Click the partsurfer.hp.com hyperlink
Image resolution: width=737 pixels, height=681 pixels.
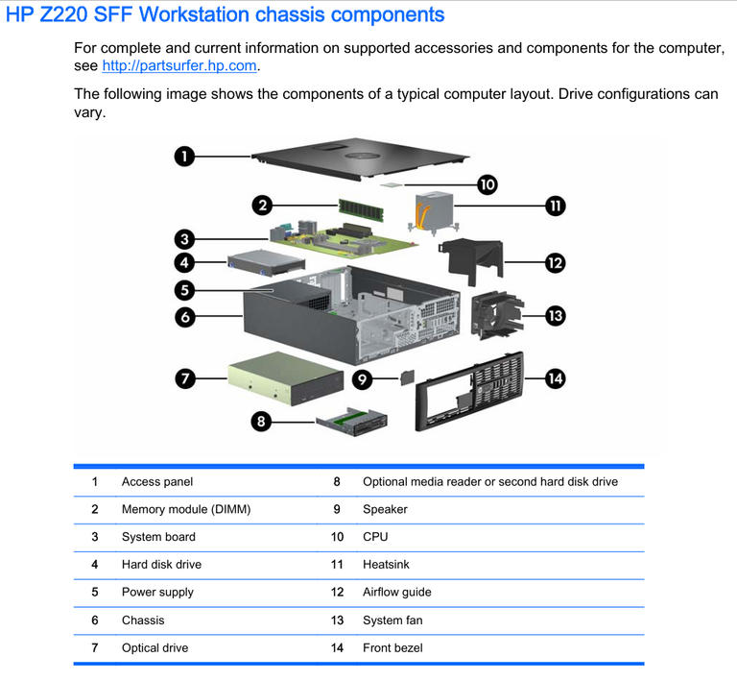click(x=179, y=65)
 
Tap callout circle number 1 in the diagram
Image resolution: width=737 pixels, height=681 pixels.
click(x=184, y=157)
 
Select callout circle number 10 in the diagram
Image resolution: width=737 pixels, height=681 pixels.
click(x=487, y=184)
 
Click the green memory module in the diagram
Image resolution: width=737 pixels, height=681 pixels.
click(x=361, y=209)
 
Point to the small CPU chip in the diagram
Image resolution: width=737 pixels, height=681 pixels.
click(x=392, y=185)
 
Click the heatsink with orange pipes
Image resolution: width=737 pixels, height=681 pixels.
click(x=434, y=212)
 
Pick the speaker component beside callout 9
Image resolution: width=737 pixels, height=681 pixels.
click(x=408, y=377)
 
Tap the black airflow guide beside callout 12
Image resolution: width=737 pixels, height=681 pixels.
click(x=471, y=261)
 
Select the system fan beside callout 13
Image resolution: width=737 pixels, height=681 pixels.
click(x=497, y=315)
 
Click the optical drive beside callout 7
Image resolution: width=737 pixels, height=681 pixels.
click(x=286, y=378)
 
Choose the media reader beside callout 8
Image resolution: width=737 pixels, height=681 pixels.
click(x=352, y=422)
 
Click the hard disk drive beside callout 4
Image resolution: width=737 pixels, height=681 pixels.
click(x=266, y=262)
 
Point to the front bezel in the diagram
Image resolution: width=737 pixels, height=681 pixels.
click(x=469, y=391)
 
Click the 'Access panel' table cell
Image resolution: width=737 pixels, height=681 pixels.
click(x=157, y=481)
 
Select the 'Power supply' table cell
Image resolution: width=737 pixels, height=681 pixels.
click(x=157, y=592)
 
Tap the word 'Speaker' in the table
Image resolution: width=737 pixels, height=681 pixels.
click(x=385, y=509)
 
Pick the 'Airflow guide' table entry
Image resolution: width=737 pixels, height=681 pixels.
click(x=396, y=592)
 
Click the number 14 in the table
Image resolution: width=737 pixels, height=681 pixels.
click(x=337, y=648)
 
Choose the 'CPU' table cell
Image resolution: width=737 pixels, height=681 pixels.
click(x=375, y=537)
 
